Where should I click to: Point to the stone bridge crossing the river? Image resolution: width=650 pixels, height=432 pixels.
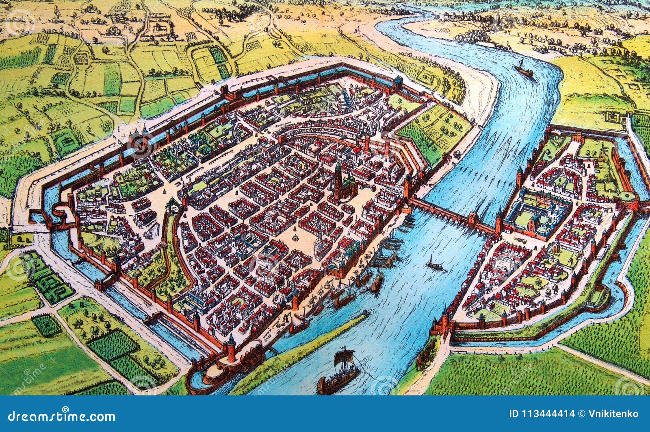tap(451, 214)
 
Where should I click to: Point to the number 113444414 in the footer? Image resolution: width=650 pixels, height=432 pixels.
tap(542, 414)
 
